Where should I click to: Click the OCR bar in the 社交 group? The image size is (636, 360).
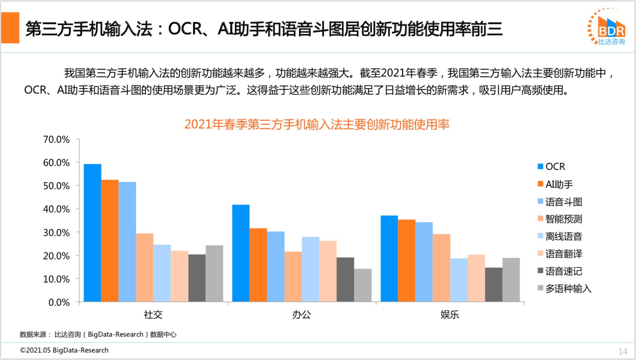tap(92, 233)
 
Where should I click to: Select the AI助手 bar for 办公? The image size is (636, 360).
tap(258, 265)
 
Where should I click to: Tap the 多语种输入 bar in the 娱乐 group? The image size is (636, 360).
tap(511, 279)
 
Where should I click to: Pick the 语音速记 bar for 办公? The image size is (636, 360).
tap(345, 279)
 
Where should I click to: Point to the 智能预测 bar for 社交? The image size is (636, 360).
tap(145, 267)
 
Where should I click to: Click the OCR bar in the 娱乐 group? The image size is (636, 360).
tap(389, 258)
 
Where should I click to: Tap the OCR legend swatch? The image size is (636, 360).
tap(540, 166)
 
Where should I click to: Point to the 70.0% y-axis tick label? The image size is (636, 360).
tap(56, 139)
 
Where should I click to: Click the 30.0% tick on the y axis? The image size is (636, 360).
tap(56, 233)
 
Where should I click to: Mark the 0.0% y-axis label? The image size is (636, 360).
tap(59, 302)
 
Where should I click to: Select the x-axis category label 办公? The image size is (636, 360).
tap(301, 314)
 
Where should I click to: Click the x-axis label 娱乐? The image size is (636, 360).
tap(450, 314)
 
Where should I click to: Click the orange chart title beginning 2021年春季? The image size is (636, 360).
tap(317, 124)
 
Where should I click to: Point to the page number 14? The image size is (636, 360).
tap(622, 351)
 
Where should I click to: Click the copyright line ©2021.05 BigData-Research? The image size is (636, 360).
tap(64, 350)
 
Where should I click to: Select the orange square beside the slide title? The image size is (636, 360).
tap(10, 28)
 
